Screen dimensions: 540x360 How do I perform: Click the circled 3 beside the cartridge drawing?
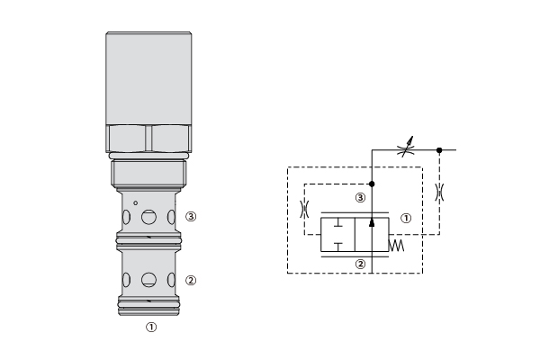pyautogui.click(x=191, y=216)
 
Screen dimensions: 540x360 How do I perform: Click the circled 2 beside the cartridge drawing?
pyautogui.click(x=191, y=281)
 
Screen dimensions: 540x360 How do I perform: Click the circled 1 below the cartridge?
pyautogui.click(x=151, y=327)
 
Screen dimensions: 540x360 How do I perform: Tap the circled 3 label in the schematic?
pyautogui.click(x=360, y=198)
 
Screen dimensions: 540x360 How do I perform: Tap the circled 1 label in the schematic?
pyautogui.click(x=407, y=218)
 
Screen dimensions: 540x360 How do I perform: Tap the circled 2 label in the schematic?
pyautogui.click(x=360, y=265)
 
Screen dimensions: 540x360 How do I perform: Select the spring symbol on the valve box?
pyautogui.click(x=396, y=246)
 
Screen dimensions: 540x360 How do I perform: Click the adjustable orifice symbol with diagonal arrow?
pyautogui.click(x=405, y=148)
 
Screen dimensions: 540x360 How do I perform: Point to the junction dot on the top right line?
pyautogui.click(x=439, y=150)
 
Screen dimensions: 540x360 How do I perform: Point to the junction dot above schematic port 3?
pyautogui.click(x=372, y=184)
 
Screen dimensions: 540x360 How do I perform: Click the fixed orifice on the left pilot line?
pyautogui.click(x=304, y=209)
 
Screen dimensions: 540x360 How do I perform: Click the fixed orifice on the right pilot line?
pyautogui.click(x=439, y=193)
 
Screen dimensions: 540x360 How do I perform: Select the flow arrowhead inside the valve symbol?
pyautogui.click(x=372, y=223)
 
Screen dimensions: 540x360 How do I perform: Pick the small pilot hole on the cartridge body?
pyautogui.click(x=136, y=203)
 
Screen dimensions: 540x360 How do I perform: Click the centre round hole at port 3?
pyautogui.click(x=148, y=217)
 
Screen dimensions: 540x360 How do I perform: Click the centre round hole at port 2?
pyautogui.click(x=148, y=280)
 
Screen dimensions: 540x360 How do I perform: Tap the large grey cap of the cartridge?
pyautogui.click(x=148, y=78)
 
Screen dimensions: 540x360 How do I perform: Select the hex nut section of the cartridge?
pyautogui.click(x=148, y=138)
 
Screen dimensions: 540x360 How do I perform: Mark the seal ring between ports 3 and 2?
pyautogui.click(x=148, y=241)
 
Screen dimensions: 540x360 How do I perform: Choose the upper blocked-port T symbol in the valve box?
pyautogui.click(x=338, y=223)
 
